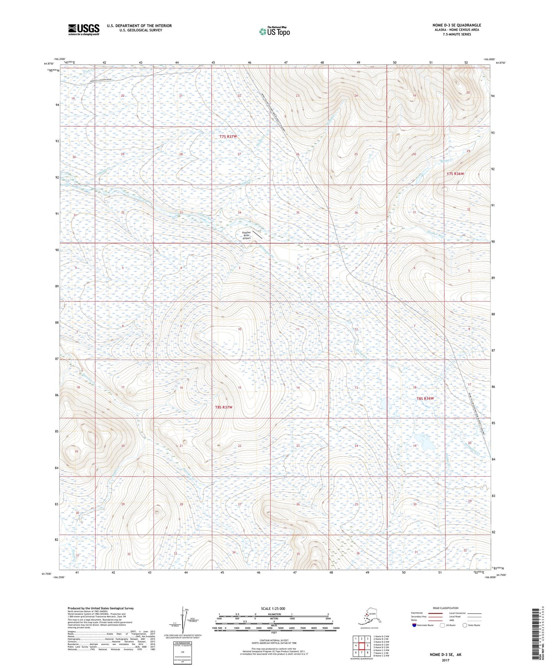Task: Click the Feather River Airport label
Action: coord(247,235)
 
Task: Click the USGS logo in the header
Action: coord(83,29)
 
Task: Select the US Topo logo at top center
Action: coord(274,31)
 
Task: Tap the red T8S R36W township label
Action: coord(425,398)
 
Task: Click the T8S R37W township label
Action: coord(223,407)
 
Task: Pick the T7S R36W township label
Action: coord(455,174)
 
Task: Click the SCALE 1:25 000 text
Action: coord(273,608)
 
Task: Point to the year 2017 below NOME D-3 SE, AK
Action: coord(445,660)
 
